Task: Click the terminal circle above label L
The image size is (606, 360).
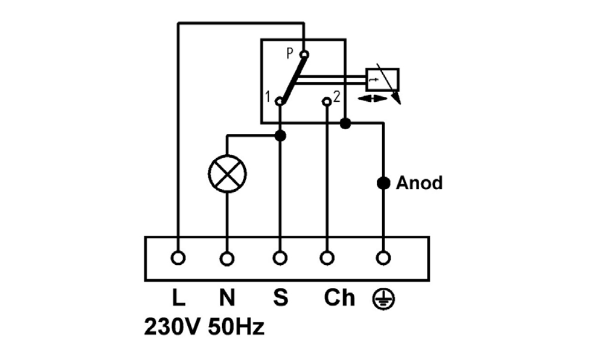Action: point(178,257)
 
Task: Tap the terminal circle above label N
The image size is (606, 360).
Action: point(227,259)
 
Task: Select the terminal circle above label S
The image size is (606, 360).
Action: point(280,257)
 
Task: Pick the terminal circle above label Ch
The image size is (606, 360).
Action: point(327,257)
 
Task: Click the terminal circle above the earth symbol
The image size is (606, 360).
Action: point(383,257)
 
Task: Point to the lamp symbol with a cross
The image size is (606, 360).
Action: point(227,174)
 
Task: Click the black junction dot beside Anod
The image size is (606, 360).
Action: point(383,183)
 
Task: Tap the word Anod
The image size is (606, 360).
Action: point(419,183)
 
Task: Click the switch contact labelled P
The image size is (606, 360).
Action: point(304,54)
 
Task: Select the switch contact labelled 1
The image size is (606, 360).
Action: point(280,101)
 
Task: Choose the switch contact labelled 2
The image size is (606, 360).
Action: point(326,101)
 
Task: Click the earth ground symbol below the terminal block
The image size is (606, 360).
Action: point(384,300)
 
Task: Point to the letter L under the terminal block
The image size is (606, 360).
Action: point(178,298)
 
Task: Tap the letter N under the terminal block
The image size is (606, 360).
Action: point(227,298)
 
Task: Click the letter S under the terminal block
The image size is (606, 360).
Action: point(280,298)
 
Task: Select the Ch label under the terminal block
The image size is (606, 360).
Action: point(339,298)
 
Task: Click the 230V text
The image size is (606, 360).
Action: point(172,327)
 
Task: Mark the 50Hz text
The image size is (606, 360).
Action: point(236,327)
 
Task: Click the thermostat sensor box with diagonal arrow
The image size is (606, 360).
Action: point(382,80)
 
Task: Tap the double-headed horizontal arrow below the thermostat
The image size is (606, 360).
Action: point(372,99)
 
